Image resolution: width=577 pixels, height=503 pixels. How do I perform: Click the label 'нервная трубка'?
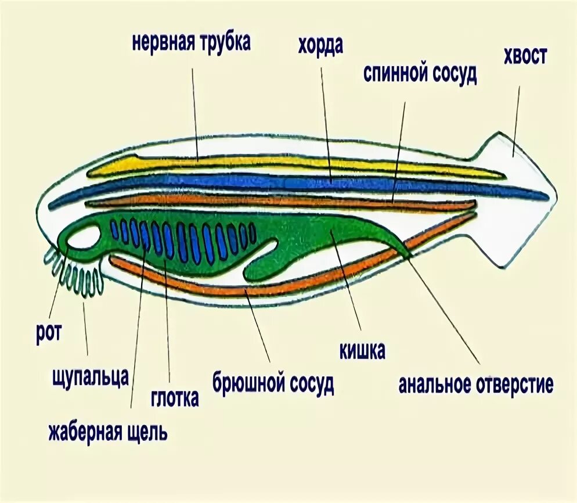click(x=191, y=44)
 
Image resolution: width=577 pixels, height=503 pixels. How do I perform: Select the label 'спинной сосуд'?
click(x=420, y=74)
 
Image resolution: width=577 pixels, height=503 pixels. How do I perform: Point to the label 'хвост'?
click(x=525, y=57)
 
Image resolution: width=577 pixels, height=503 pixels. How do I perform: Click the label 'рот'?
click(x=49, y=335)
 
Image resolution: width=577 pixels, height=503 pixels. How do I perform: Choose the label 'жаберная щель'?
click(x=108, y=432)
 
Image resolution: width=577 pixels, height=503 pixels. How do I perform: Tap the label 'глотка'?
click(x=175, y=398)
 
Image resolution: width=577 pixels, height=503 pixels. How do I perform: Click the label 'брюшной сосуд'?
click(x=273, y=385)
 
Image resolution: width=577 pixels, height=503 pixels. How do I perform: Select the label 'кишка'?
click(x=362, y=351)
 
